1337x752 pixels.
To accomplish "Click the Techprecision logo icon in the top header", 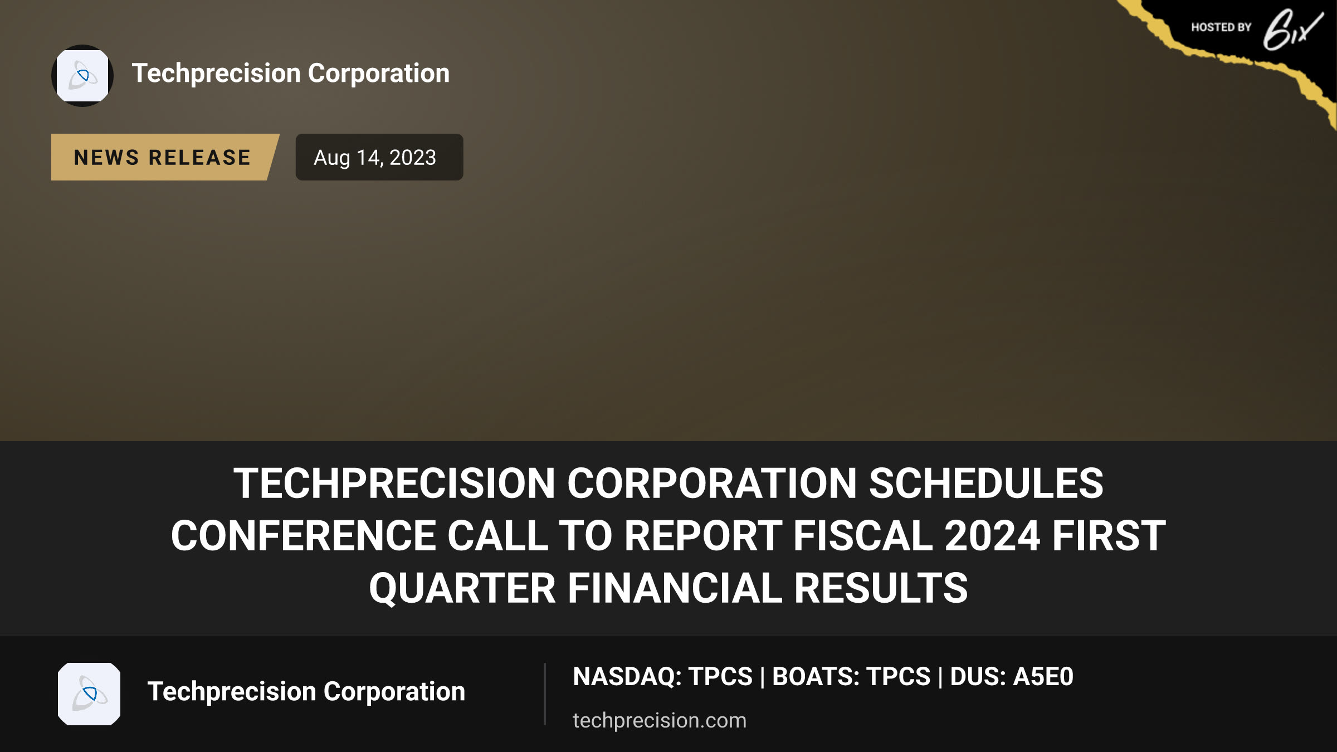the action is click(x=82, y=76).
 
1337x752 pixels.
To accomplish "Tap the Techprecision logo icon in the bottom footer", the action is click(x=89, y=694).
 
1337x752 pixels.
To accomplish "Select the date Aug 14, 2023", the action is click(x=375, y=158).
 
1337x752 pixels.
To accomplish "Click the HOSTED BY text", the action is click(x=1221, y=27).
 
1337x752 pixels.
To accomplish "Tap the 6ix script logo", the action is click(x=1293, y=30).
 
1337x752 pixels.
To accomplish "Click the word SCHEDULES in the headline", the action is click(x=986, y=483).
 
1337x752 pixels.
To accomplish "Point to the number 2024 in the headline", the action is click(x=992, y=536).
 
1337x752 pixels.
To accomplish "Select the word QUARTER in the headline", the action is click(x=462, y=589).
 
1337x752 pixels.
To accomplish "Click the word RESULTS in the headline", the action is click(x=881, y=588).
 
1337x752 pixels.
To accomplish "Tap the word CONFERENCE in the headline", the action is click(x=303, y=536).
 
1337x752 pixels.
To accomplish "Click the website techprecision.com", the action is click(x=660, y=720).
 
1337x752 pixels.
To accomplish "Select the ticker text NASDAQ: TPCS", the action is click(x=662, y=677).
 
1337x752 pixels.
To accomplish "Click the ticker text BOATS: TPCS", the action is click(x=851, y=677).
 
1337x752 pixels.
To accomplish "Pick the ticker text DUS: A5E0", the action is click(x=1012, y=677).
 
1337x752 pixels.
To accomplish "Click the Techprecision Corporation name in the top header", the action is click(x=291, y=74).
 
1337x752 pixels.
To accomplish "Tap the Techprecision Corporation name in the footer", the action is click(x=306, y=692).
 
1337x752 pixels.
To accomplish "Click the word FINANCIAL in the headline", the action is click(x=675, y=588).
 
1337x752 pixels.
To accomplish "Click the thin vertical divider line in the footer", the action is click(x=545, y=694).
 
